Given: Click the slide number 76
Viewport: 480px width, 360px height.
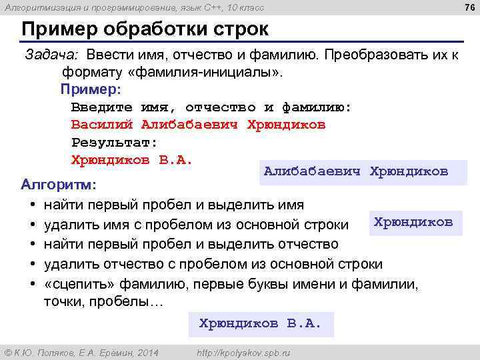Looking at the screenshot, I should click(x=469, y=7).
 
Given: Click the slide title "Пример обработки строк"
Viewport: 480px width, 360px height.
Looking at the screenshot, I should click(x=145, y=30).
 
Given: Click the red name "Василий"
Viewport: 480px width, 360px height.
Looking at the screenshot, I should click(x=103, y=125).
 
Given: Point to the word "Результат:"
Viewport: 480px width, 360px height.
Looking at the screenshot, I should click(x=114, y=142).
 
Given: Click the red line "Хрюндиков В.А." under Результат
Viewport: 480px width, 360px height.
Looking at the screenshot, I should click(x=131, y=160).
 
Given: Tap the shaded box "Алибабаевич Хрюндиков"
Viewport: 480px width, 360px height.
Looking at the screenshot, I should click(x=355, y=171).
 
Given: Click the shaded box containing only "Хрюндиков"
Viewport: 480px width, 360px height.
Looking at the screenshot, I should click(x=413, y=222).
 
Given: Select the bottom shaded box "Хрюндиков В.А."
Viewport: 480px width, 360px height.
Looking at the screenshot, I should click(x=260, y=323).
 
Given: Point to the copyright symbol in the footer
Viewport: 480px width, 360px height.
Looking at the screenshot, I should click(x=8, y=351).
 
